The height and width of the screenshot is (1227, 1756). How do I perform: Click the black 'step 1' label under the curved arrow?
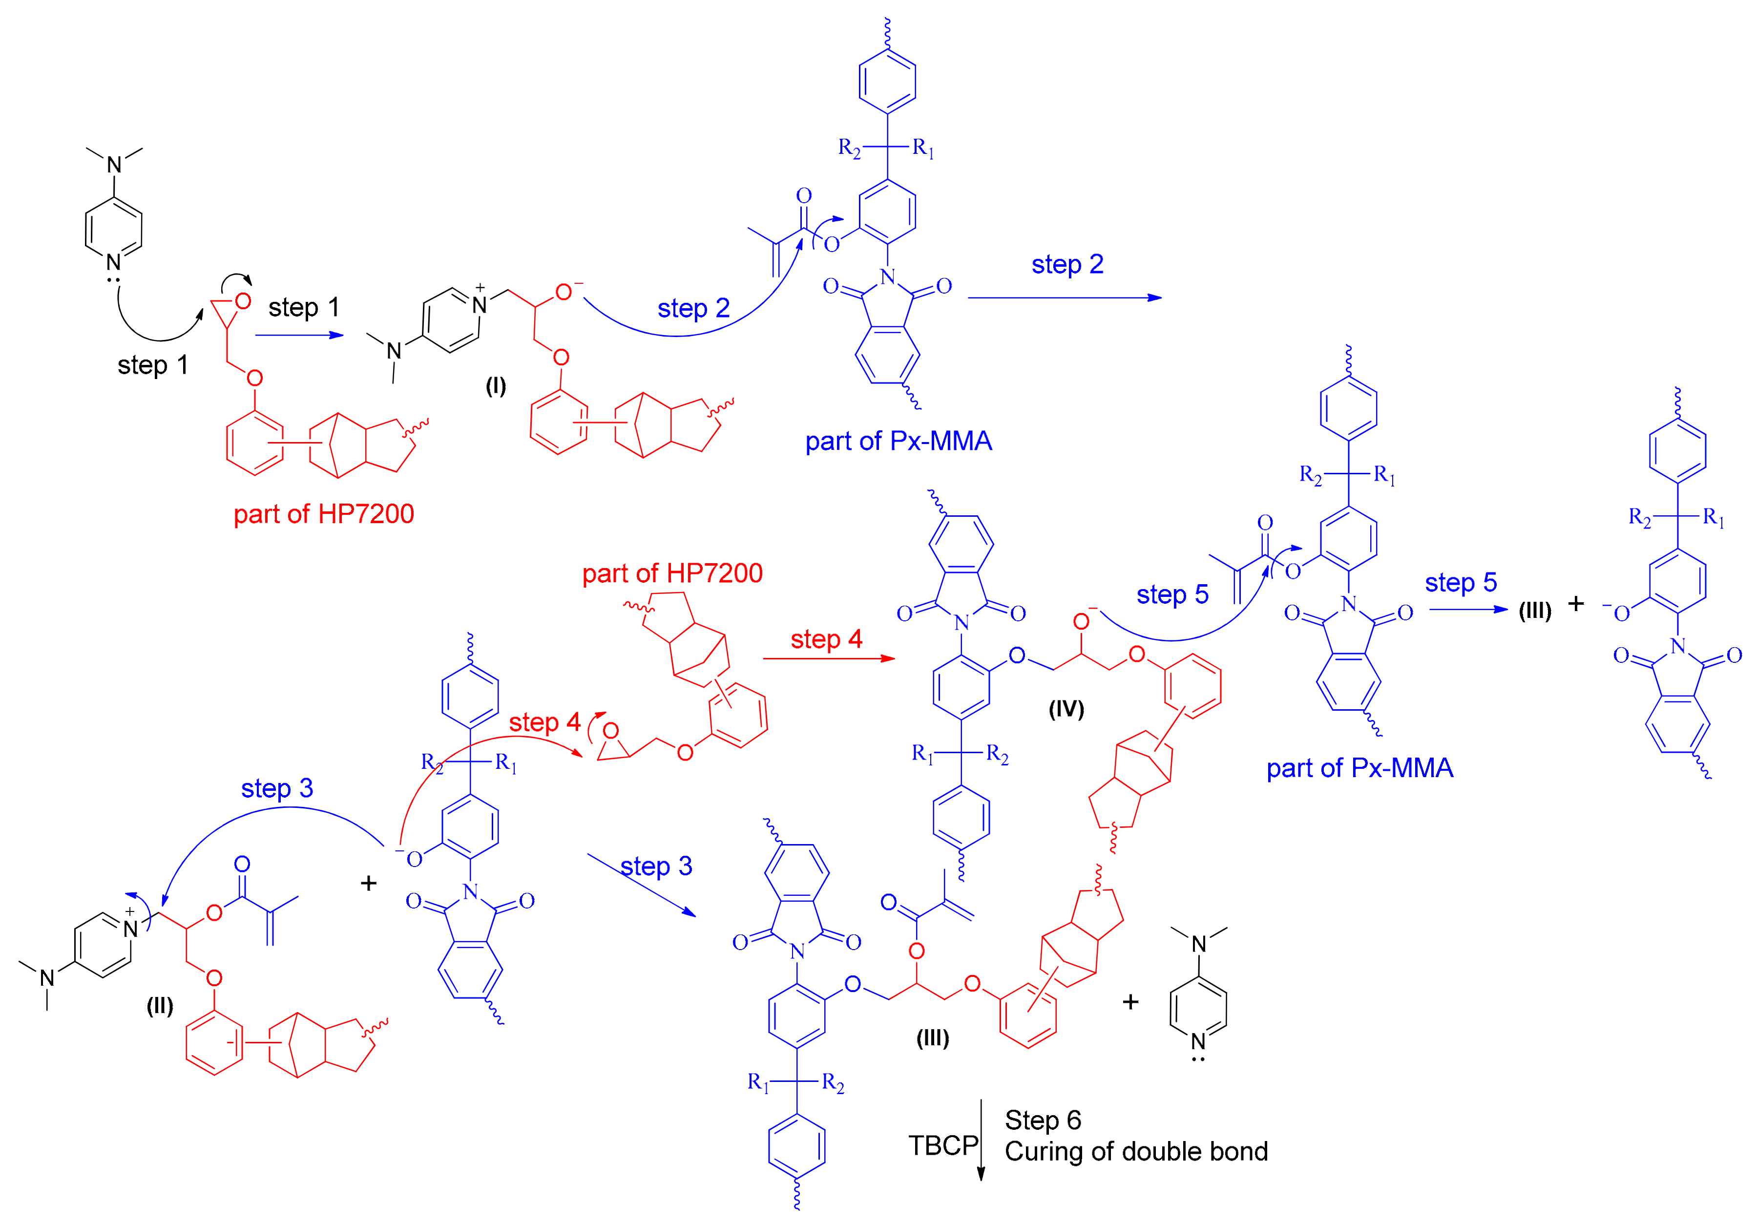click(x=152, y=365)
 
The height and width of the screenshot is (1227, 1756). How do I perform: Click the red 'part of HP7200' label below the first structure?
click(x=324, y=513)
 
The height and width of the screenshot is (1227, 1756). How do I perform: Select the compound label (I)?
click(x=496, y=385)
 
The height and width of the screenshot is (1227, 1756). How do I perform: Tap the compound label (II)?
click(x=160, y=1005)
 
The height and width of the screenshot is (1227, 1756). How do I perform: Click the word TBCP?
click(x=942, y=1145)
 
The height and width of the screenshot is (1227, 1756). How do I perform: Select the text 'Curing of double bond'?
click(x=1136, y=1151)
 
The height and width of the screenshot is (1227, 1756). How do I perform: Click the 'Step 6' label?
click(x=1043, y=1120)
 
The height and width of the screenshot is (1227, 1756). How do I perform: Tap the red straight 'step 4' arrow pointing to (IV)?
click(x=828, y=658)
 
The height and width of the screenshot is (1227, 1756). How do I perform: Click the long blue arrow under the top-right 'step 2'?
click(x=1065, y=297)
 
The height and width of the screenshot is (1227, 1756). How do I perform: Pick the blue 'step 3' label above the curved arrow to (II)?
click(x=277, y=788)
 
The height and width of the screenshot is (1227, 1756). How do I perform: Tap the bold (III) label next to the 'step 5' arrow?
click(x=1534, y=611)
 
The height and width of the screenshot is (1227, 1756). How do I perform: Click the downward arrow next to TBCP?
click(x=981, y=1140)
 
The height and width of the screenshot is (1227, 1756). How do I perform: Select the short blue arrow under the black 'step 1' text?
click(x=299, y=335)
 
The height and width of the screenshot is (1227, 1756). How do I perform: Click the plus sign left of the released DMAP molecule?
click(x=1130, y=1002)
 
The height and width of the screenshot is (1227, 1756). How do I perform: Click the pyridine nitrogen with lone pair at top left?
click(x=114, y=262)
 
